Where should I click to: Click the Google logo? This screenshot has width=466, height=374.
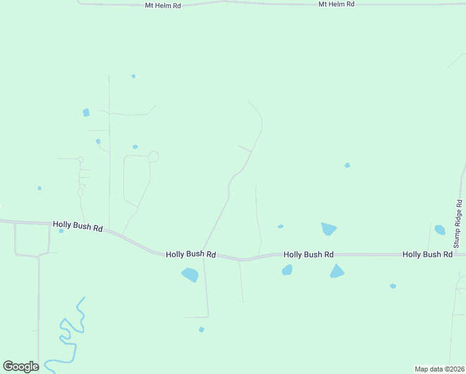(x=21, y=367)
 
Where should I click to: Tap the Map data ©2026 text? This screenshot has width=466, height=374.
(x=440, y=369)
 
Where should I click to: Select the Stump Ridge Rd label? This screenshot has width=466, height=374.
(x=458, y=224)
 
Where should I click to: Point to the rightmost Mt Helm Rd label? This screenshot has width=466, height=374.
(x=336, y=4)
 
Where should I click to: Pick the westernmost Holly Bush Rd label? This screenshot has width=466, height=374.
(x=77, y=226)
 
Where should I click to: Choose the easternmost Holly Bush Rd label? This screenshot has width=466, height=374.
(x=427, y=254)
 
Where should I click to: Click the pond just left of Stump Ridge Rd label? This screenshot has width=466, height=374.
(x=440, y=230)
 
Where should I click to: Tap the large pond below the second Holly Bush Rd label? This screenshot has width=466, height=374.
(x=190, y=274)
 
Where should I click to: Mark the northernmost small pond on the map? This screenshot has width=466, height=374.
(x=133, y=76)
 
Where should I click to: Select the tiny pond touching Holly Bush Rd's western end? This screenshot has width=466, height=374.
(x=61, y=231)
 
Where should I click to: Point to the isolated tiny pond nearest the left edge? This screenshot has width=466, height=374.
(x=39, y=188)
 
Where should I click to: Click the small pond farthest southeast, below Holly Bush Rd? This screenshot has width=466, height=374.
(x=393, y=286)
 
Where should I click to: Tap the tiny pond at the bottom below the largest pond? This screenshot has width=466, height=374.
(x=201, y=329)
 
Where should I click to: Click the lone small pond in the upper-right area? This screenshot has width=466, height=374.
(x=347, y=165)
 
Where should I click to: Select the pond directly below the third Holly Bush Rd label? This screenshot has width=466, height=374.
(x=287, y=270)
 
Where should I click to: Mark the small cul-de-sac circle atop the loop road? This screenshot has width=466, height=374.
(x=153, y=156)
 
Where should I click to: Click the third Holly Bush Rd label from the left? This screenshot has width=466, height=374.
(x=308, y=254)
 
